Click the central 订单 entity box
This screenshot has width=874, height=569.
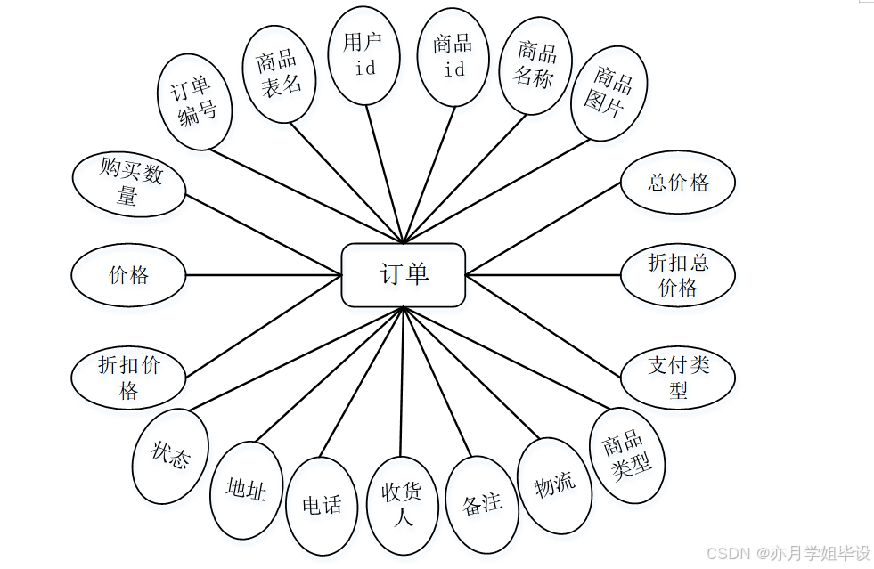404,275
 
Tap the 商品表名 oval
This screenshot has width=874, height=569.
279,73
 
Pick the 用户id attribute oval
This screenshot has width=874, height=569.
365,55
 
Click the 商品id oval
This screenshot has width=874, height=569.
453,56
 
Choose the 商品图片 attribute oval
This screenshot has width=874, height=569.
609,93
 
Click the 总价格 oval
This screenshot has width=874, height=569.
677,183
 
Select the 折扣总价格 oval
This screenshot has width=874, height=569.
677,275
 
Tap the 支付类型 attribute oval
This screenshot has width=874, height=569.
677,378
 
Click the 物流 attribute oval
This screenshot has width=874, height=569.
555,485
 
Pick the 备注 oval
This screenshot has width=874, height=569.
482,504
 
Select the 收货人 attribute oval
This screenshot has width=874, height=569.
403,505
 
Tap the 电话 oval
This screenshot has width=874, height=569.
323,505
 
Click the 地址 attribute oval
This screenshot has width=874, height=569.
246,489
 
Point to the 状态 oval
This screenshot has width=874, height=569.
170,456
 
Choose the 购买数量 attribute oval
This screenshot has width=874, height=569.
128,184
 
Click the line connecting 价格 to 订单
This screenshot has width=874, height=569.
263,275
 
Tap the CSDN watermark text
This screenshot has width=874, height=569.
788,553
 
